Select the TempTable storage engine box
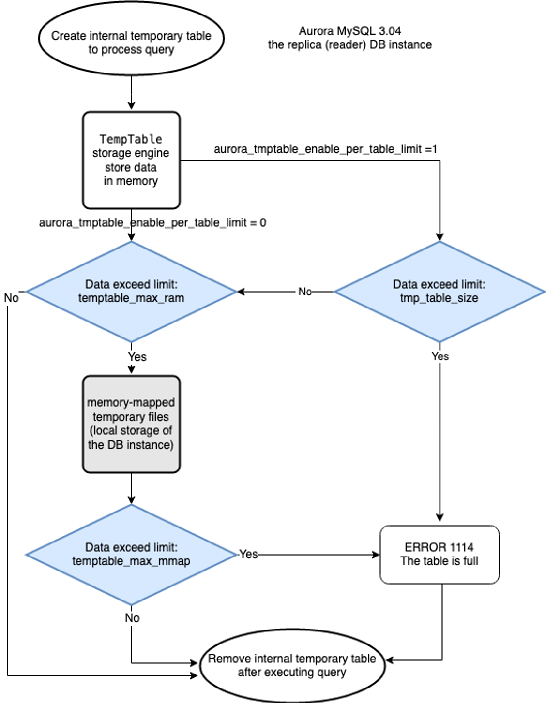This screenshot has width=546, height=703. pos(131,160)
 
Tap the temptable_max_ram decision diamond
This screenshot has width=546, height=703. pos(131,292)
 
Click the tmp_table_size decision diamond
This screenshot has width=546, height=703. pos(439,292)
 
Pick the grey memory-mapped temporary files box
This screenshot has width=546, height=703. pos(131,424)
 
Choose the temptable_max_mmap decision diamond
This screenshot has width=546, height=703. pos(131,555)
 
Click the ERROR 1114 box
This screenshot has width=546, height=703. pos(439,555)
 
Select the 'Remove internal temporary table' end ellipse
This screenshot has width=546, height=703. pos(292,665)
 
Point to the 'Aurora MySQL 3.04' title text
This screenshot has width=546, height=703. pos(349,31)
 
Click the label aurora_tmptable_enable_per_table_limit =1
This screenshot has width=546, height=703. pos(325,149)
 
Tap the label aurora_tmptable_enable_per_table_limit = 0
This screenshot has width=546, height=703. pos(152,223)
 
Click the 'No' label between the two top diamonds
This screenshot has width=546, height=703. pos(305,292)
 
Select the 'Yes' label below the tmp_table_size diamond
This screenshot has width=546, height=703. pos(440,356)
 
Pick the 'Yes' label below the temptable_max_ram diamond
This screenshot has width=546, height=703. pos(137,357)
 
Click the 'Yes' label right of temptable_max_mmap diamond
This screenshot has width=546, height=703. pos(248,554)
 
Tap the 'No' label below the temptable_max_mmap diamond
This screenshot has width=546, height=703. pos(132,618)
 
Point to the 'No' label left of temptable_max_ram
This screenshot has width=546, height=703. pos(11,298)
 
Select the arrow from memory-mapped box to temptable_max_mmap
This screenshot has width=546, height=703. pos(131,488)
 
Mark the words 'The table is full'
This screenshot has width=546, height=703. pos(439,561)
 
